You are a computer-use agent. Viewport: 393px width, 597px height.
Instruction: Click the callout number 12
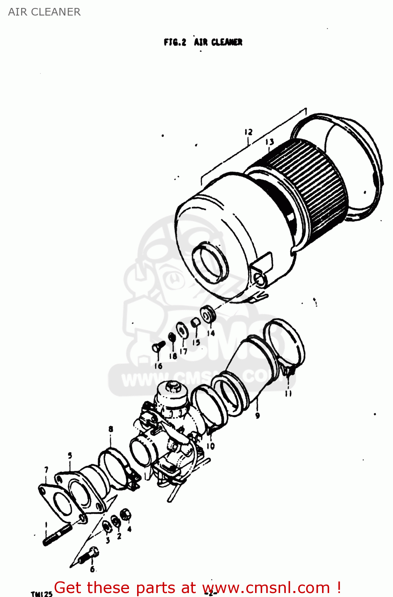click(x=248, y=132)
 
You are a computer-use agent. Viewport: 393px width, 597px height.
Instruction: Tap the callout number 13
click(x=269, y=142)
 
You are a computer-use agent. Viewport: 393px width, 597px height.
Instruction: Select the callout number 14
click(x=211, y=333)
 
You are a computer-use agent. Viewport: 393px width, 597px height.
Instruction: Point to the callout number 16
click(x=158, y=366)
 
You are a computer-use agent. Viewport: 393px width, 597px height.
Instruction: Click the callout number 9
click(x=257, y=416)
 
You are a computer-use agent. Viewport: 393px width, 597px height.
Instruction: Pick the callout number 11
click(x=288, y=394)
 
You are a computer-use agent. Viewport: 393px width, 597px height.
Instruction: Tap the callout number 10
click(x=210, y=446)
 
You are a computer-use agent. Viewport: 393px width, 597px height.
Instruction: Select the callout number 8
click(x=110, y=429)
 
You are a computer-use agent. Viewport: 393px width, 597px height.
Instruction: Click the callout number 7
click(x=46, y=470)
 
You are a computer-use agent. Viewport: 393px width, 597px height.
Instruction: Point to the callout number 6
click(x=92, y=569)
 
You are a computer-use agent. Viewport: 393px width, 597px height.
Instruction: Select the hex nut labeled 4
click(x=126, y=515)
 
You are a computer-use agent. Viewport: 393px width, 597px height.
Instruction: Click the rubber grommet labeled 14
click(x=208, y=315)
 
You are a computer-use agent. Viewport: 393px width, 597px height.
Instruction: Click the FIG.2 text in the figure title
click(x=175, y=42)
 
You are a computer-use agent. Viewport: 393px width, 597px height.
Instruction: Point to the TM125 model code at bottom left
click(x=41, y=594)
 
